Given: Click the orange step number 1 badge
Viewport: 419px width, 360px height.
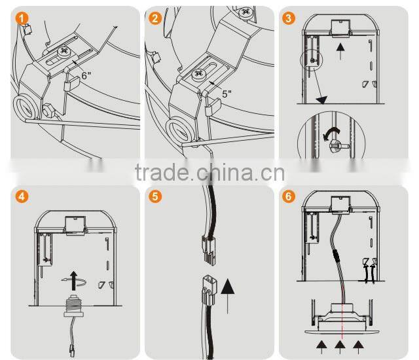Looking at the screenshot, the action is [22, 18].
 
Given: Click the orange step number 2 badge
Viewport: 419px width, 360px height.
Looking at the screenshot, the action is [155, 18].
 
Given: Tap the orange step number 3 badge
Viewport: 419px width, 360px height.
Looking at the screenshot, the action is [288, 18].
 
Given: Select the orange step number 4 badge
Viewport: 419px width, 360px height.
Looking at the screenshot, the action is [22, 196].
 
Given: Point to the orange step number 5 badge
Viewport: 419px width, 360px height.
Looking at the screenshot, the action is [155, 196].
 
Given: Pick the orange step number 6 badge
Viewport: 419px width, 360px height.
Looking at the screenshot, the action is [288, 196].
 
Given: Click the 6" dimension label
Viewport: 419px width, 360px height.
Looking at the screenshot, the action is [86, 75].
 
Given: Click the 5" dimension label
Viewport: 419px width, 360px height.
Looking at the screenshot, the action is [227, 94].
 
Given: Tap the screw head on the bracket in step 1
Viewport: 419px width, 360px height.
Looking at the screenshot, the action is [64, 52].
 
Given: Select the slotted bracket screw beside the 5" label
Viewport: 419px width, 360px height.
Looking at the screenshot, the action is [199, 73].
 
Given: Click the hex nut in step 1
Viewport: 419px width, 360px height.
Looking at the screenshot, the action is [48, 110].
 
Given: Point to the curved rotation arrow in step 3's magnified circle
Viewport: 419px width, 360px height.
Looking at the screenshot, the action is [331, 133].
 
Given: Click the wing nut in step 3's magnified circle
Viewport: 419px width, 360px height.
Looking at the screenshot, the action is [335, 145].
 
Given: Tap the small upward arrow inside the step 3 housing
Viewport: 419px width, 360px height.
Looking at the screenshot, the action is [340, 52].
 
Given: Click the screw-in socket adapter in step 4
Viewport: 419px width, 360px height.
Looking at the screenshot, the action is [74, 306].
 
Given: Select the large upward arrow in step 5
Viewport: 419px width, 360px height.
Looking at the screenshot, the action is [228, 296].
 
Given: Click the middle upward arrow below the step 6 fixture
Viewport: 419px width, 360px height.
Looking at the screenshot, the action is [340, 347].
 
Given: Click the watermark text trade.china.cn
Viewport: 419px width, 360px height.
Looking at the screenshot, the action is [209, 172].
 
